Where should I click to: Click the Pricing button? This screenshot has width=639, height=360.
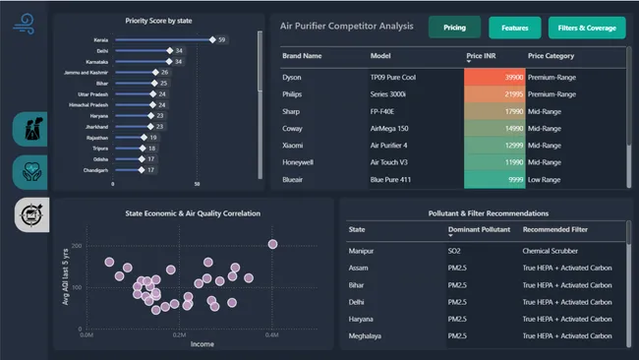point(454,28)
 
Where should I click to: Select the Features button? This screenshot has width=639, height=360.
point(514,28)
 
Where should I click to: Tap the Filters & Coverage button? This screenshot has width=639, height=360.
point(586,28)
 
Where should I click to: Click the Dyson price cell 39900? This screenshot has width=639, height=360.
point(494,76)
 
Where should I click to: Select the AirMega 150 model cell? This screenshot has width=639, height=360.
point(389,128)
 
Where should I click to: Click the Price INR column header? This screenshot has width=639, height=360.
point(481,56)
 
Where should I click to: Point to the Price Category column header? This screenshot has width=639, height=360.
point(552,56)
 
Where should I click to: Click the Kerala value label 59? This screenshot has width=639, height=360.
point(223,39)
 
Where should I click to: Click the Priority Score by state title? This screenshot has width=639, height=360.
point(159,20)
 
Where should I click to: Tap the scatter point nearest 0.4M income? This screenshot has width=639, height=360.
point(272,245)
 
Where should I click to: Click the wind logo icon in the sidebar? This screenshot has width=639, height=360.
point(25,25)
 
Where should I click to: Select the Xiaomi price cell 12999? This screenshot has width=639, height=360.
point(494,146)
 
